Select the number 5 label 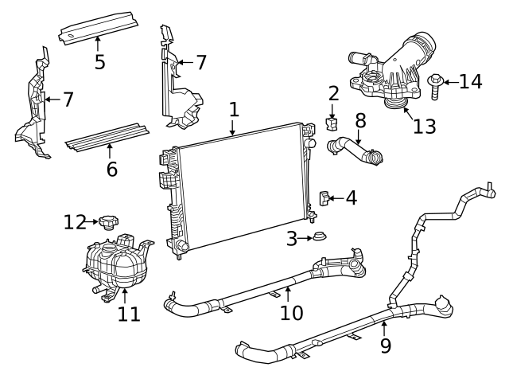99,61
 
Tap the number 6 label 111,168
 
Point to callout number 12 74,222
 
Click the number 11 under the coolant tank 128,314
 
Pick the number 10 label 291,312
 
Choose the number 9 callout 386,345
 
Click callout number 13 424,127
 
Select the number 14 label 471,82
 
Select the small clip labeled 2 333,123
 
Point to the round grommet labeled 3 320,236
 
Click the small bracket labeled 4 324,198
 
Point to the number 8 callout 360,121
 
